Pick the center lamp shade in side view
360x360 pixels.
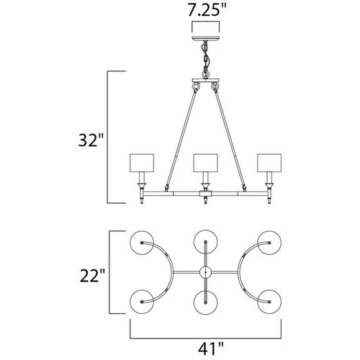205,163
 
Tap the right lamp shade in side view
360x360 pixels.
271,163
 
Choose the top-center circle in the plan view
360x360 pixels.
205,243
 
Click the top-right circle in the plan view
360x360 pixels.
271,243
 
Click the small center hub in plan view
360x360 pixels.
205,272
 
